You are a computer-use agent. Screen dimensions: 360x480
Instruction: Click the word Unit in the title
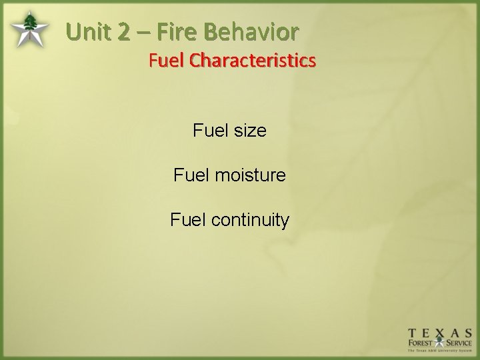(89, 31)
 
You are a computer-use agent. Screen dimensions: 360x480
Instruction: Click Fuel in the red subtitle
(167, 61)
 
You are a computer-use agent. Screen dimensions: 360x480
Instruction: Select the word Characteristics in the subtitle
(253, 61)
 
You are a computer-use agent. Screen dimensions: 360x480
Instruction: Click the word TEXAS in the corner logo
(441, 335)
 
